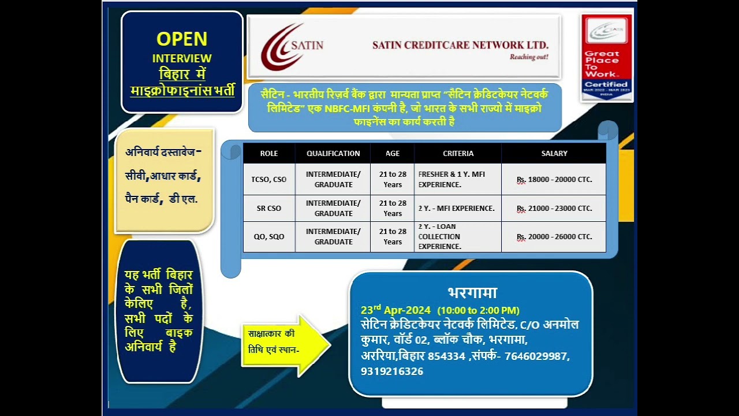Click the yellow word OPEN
click(x=182, y=39)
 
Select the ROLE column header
click(x=269, y=153)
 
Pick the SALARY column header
click(x=554, y=153)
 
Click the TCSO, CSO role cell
click(x=269, y=179)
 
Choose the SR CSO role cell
click(x=269, y=208)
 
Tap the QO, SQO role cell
click(x=269, y=236)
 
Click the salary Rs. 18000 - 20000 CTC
click(x=554, y=179)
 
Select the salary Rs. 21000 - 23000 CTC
click(x=554, y=208)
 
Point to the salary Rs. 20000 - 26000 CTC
click(x=554, y=236)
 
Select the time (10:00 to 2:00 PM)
click(x=478, y=310)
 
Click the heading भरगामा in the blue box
click(x=472, y=292)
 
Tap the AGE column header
click(x=393, y=153)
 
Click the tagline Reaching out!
click(x=528, y=57)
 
